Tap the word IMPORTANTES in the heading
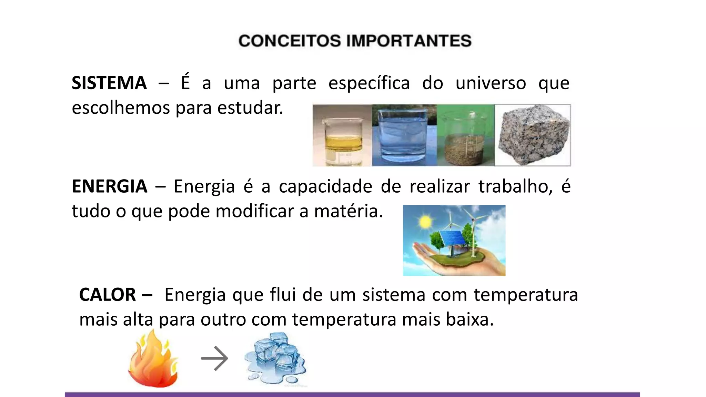pos(409,41)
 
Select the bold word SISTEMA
pos(109,83)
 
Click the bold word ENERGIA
pos(109,186)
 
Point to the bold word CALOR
pos(108,295)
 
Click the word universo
pos(491,83)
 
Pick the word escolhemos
pos(121,108)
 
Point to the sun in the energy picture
pos(425,222)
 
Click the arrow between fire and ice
pos(214,358)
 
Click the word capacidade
pos(325,186)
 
